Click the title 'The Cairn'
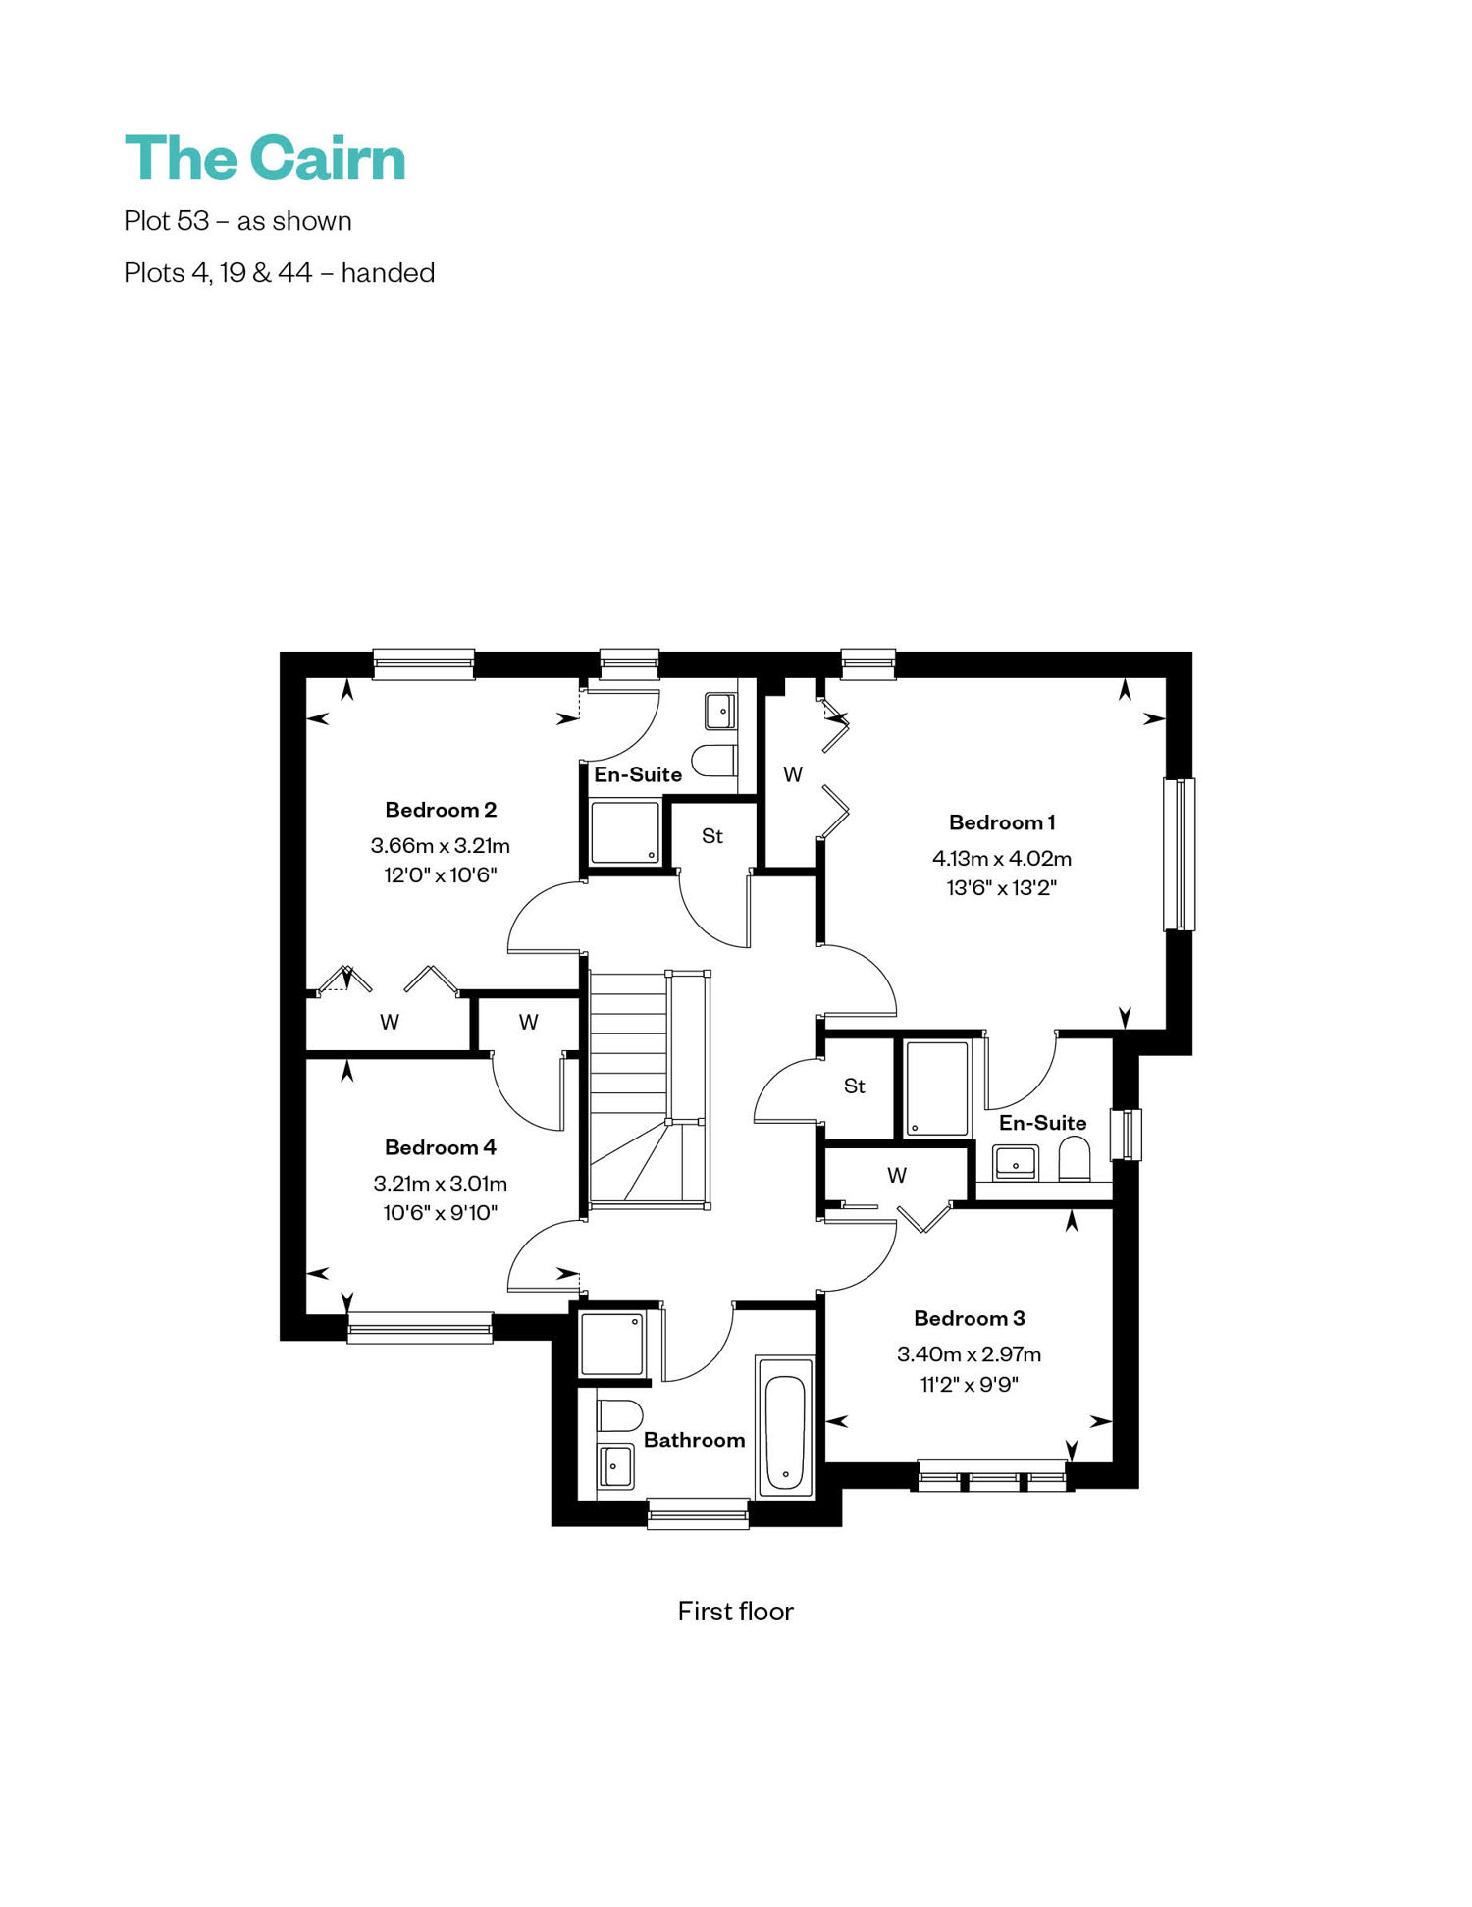coord(265,158)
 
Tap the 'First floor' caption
coord(735,1612)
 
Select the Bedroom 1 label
coord(1002,822)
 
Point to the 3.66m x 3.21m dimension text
coord(441,845)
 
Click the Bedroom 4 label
coord(441,1147)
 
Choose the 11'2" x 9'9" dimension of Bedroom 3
coord(970,1385)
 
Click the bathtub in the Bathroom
coord(785,1428)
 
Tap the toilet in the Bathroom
coord(619,1415)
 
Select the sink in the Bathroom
coord(615,1466)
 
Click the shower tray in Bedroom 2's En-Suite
coord(625,832)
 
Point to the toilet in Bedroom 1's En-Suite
coord(1075,1159)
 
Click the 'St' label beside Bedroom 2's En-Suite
coord(712,836)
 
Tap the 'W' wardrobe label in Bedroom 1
coord(793,774)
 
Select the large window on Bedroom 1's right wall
coord(1180,854)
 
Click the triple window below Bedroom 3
coord(993,1476)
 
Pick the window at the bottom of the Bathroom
coord(698,1513)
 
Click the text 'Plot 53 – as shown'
coord(237,221)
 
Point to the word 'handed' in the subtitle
coord(388,272)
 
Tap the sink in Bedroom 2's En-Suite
coord(720,712)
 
